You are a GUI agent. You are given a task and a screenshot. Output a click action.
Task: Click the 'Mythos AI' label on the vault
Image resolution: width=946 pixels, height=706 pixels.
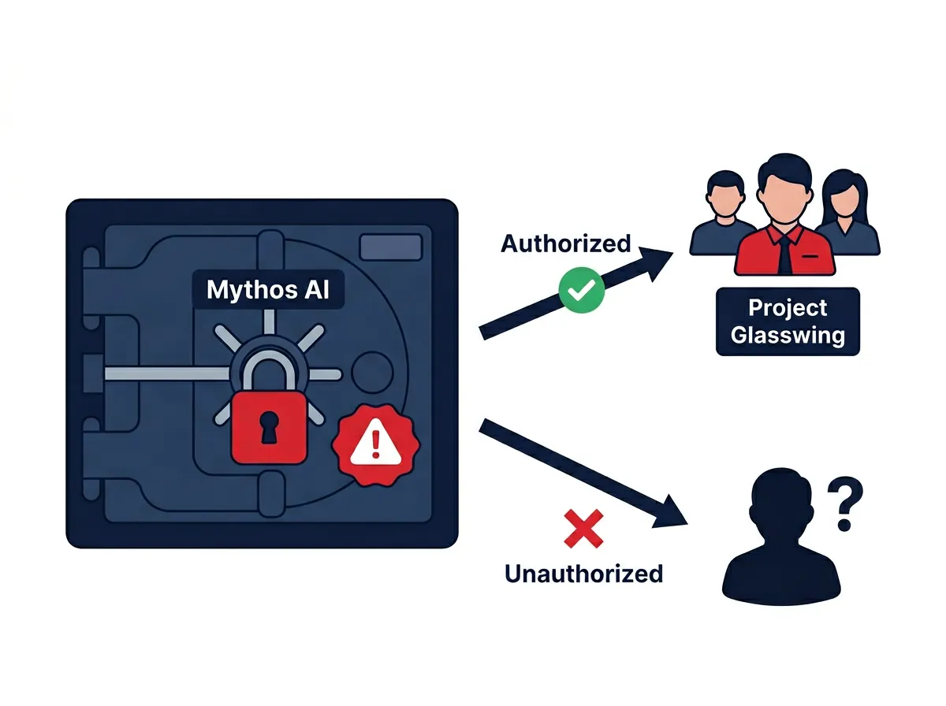click(x=267, y=289)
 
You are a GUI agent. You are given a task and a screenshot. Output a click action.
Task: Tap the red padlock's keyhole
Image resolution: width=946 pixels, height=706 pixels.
click(x=269, y=427)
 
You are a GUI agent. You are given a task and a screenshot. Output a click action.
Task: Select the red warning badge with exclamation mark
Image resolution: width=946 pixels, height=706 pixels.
click(x=375, y=445)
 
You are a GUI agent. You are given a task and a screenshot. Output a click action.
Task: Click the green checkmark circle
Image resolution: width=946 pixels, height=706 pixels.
click(x=581, y=290)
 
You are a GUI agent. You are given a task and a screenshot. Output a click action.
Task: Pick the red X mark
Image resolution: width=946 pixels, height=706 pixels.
click(x=583, y=529)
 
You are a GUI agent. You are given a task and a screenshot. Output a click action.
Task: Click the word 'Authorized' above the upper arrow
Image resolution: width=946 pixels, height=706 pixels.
click(x=565, y=243)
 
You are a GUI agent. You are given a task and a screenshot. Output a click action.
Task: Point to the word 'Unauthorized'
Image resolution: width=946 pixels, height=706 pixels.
click(x=583, y=574)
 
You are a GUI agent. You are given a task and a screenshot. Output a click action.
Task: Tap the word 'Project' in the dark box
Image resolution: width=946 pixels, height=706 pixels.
click(x=788, y=308)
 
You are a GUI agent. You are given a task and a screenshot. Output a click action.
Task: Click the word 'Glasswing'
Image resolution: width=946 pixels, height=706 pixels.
click(x=788, y=335)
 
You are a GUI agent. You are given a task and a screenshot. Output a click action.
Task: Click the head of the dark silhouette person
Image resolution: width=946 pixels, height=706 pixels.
click(x=781, y=501)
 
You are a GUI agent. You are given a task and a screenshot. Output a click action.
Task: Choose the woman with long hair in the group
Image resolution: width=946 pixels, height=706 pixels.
click(x=847, y=214)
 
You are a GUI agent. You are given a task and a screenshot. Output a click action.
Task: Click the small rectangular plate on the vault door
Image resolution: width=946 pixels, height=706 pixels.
click(x=390, y=247)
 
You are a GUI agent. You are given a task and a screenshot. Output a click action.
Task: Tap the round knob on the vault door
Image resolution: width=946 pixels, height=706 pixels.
click(x=372, y=372)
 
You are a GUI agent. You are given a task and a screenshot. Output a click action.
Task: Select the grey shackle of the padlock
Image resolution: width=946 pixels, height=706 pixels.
click(x=270, y=370)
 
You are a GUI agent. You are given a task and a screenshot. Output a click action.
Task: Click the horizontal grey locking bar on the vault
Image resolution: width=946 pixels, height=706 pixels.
click(x=168, y=373)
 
